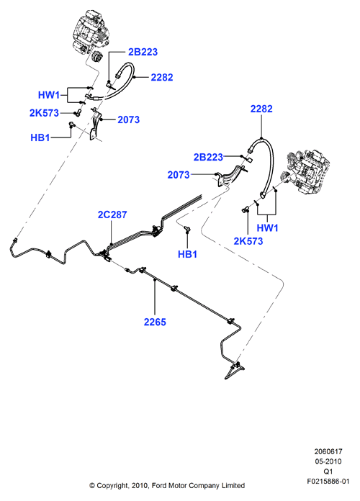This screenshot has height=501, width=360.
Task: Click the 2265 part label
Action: point(155,322)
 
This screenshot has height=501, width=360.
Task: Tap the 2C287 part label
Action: point(112,215)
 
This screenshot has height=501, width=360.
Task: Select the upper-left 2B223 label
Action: point(143,52)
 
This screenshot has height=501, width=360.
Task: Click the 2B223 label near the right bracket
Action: point(208,157)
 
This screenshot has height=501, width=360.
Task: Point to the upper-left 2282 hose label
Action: point(162,77)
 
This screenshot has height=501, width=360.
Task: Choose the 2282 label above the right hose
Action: point(261,109)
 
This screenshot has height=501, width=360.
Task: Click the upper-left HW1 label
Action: point(49,95)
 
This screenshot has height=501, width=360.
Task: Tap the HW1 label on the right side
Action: point(268,227)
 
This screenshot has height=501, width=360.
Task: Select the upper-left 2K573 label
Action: point(44,113)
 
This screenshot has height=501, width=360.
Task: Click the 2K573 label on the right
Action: point(248,241)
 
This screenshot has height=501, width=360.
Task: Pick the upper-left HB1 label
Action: point(40,137)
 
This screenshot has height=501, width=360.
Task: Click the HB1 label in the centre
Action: point(188,254)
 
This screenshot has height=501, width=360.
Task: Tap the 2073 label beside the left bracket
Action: point(129,119)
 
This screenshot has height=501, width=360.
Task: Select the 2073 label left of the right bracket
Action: point(179,175)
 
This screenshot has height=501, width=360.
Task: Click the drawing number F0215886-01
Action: point(328,481)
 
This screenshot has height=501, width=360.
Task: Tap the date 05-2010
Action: point(328,461)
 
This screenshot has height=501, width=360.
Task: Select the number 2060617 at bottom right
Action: point(328,451)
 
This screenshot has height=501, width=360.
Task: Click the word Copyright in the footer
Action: point(112,486)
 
